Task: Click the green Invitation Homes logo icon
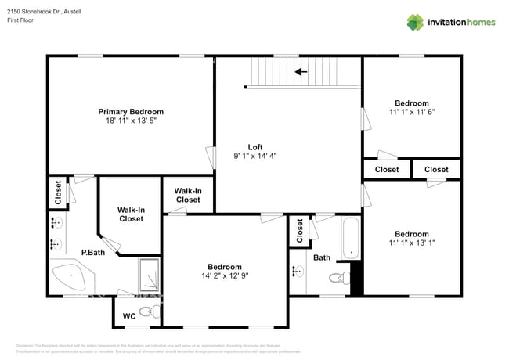415,22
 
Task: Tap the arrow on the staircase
300,72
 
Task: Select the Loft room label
254,146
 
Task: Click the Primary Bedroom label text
131,112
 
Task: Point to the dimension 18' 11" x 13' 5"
131,121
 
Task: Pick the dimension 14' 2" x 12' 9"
225,275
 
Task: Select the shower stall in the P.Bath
150,275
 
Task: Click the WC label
129,317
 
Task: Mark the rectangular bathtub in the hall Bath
350,238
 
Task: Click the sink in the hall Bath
298,272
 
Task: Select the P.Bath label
93,252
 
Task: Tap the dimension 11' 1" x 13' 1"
411,243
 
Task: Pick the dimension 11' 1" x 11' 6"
411,112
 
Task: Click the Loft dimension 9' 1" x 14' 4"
254,156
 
